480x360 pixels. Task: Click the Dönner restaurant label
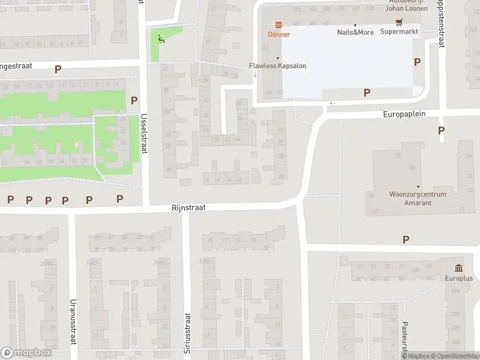coord(278,34)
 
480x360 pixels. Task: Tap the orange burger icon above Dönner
coord(278,25)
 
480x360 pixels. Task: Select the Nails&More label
coord(355,32)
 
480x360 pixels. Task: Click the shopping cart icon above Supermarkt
coord(399,22)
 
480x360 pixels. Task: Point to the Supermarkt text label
coord(399,32)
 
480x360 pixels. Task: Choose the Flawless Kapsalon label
coord(278,66)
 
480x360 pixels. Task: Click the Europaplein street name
coord(404,114)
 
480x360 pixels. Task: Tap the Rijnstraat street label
coord(188,207)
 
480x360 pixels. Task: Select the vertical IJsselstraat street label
coord(143,134)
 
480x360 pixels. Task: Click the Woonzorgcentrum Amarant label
coord(418,199)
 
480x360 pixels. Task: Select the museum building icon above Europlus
coord(458,268)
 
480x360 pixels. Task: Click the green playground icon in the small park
coord(160,39)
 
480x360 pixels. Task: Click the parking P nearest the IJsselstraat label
coord(134,101)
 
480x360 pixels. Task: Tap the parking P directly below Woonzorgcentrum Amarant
coord(406,239)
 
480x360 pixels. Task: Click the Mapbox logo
coord(26,353)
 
